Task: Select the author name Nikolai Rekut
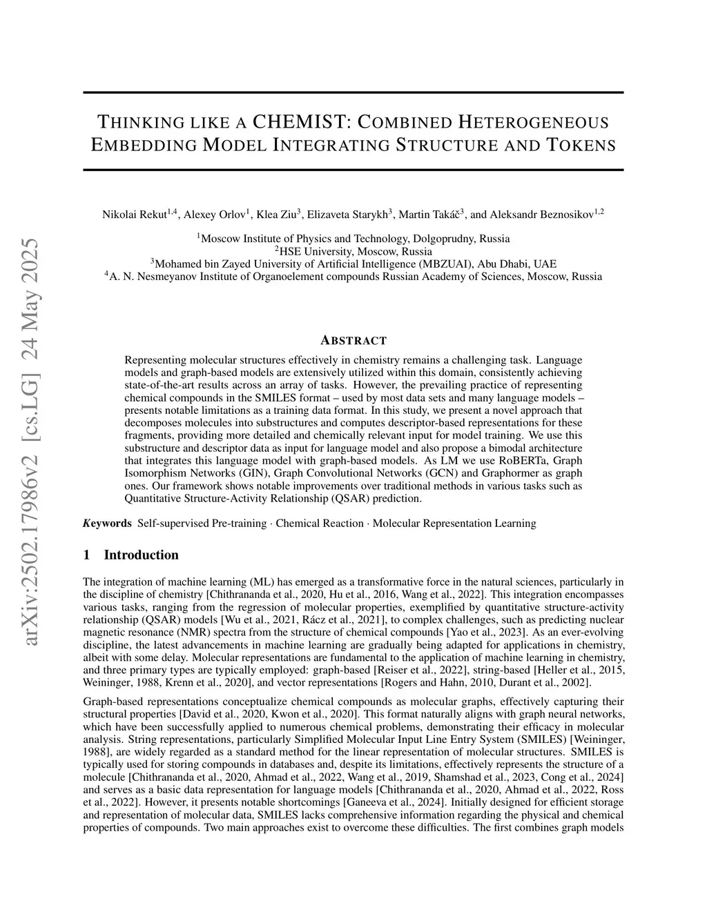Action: [x=134, y=215]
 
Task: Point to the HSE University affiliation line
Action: [x=353, y=251]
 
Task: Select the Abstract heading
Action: [x=353, y=340]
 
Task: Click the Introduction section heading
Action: [x=141, y=555]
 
